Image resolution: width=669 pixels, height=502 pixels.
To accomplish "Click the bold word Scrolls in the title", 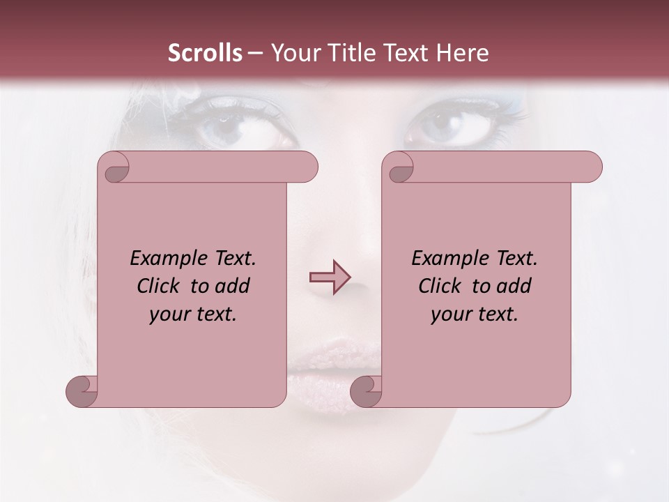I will click(x=205, y=53).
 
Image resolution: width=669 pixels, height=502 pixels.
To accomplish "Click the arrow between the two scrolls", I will click(x=330, y=277).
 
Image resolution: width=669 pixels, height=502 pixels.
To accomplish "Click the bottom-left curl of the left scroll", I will click(x=82, y=392).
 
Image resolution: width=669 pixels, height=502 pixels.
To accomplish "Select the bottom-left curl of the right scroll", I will click(x=366, y=392).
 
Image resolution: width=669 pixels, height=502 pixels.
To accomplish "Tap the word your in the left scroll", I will click(x=169, y=314).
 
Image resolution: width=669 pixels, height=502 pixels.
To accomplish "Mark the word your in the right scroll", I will click(x=450, y=314).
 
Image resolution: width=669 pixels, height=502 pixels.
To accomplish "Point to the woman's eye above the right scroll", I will click(x=453, y=125).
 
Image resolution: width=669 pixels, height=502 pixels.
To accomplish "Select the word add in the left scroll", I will click(x=232, y=287).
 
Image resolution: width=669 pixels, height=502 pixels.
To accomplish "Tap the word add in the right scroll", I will click(x=514, y=287).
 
